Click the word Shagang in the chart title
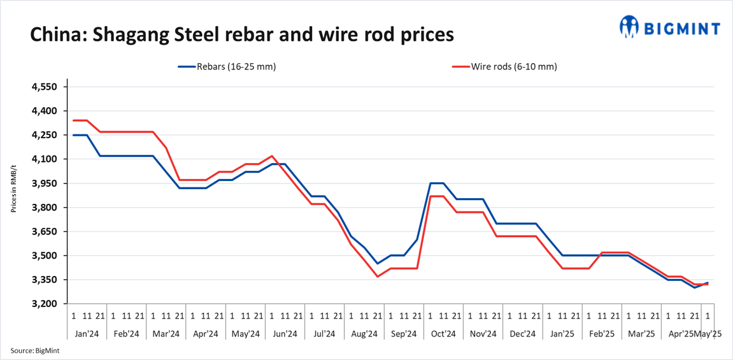tap(125, 34)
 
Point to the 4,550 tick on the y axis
tap(45, 87)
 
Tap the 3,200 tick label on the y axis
tap(45, 304)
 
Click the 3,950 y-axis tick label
tap(45, 184)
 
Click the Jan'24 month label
tap(87, 333)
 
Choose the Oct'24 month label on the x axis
tap(443, 333)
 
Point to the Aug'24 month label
tap(364, 333)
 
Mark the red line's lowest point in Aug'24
tap(378, 277)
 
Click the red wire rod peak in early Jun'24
tap(273, 155)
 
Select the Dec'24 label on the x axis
tap(522, 333)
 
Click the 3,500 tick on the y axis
tap(45, 256)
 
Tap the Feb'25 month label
tap(602, 333)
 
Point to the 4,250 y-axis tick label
tap(45, 135)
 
